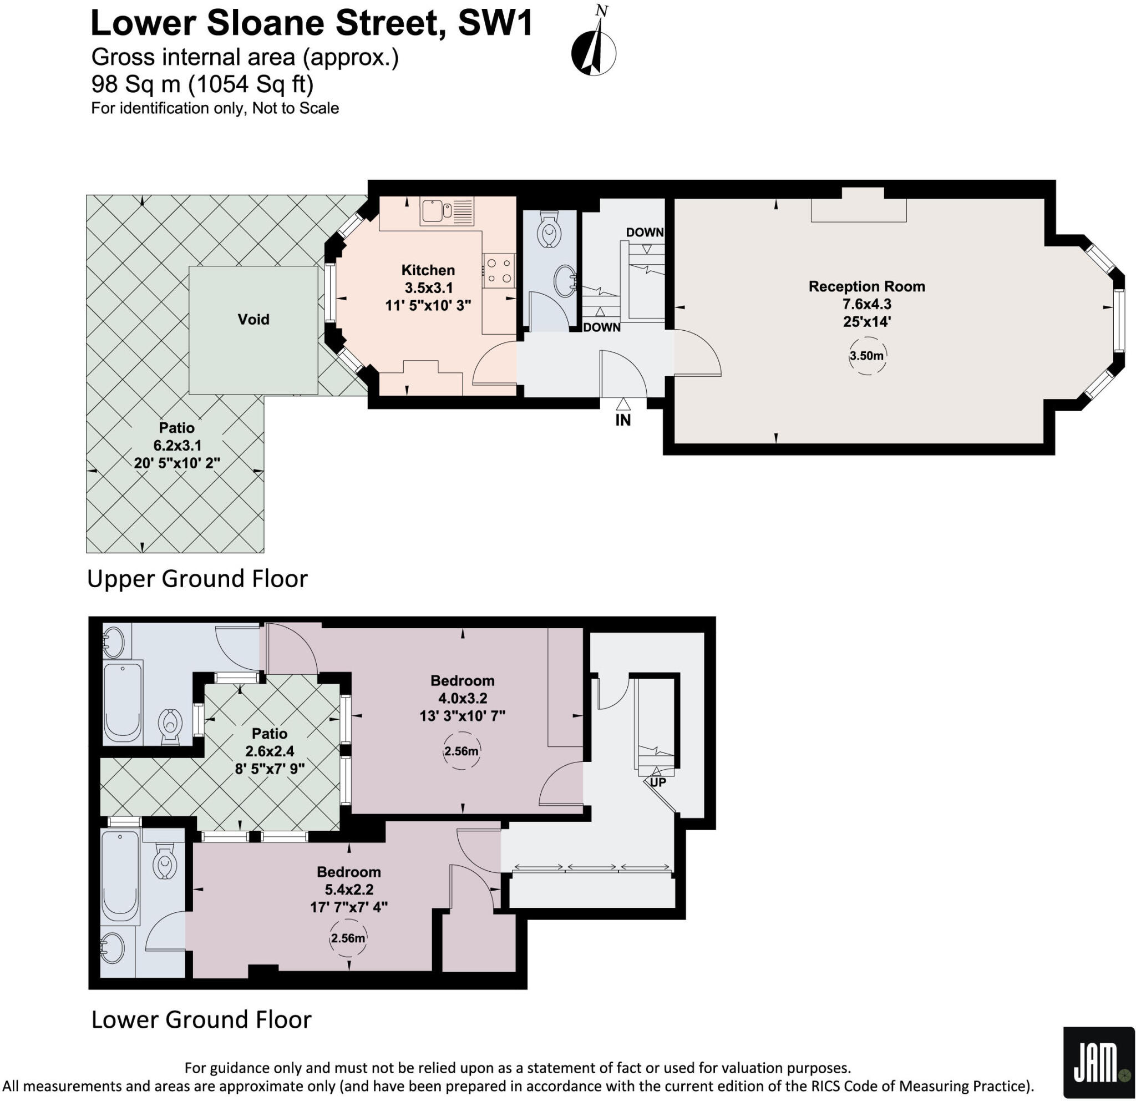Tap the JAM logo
click(1098, 1064)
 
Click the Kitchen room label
click(428, 271)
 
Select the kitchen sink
click(432, 211)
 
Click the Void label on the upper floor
click(253, 320)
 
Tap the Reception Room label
click(866, 286)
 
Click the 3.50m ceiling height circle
click(866, 355)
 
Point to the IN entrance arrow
click(622, 404)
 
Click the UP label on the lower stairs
click(658, 781)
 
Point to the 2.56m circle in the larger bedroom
click(461, 751)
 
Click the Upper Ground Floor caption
click(197, 579)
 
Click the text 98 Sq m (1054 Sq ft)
click(202, 85)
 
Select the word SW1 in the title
click(495, 24)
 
